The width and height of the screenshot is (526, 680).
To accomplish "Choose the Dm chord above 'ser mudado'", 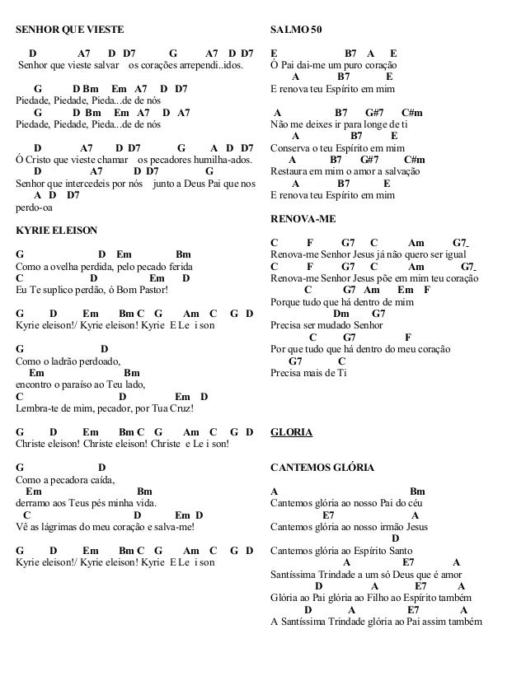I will (x=340, y=314).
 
